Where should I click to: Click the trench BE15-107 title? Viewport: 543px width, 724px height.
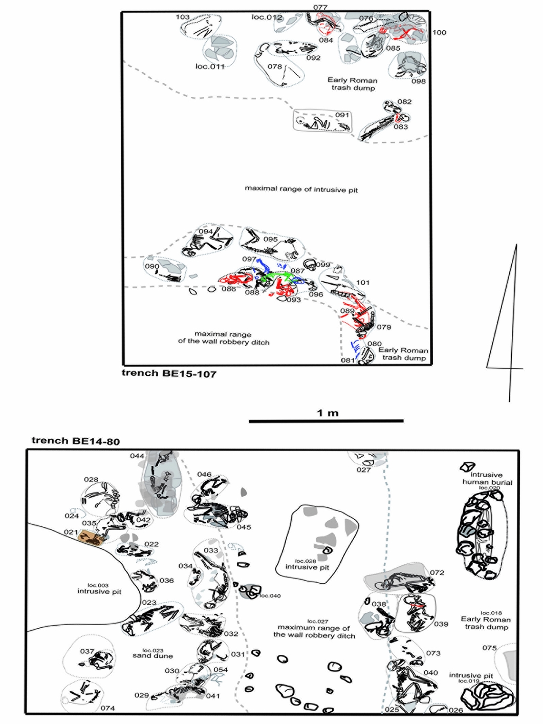169,374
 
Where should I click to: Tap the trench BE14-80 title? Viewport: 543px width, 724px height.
76,441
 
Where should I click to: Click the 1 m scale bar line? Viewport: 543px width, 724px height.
326,421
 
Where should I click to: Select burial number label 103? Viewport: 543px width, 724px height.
183,17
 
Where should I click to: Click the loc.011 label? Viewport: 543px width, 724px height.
210,66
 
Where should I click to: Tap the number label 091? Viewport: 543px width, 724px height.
342,115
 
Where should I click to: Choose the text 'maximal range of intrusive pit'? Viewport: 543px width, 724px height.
301,189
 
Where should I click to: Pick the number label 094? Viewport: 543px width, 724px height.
205,231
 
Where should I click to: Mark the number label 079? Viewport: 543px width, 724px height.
384,327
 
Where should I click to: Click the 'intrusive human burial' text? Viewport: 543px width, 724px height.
487,479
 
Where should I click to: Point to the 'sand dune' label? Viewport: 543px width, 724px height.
153,656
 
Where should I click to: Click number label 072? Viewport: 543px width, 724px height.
437,572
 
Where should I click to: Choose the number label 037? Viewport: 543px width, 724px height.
88,651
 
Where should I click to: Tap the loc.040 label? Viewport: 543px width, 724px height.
270,595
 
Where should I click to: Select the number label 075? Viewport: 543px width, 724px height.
489,648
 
